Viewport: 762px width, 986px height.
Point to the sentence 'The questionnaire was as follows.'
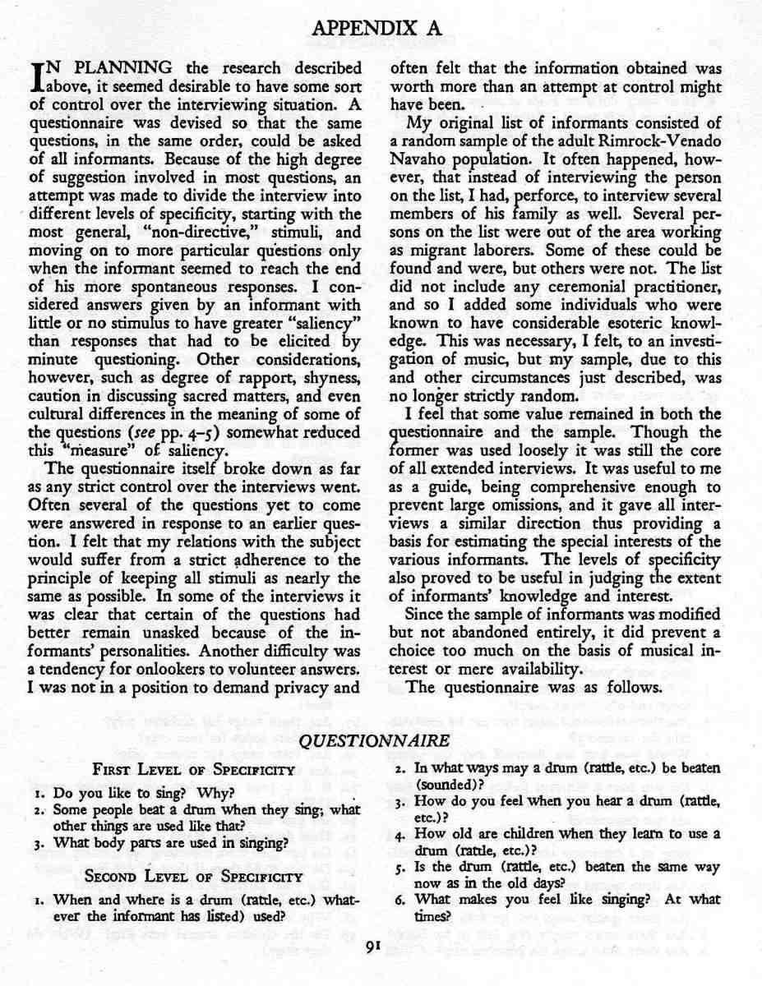(x=534, y=688)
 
